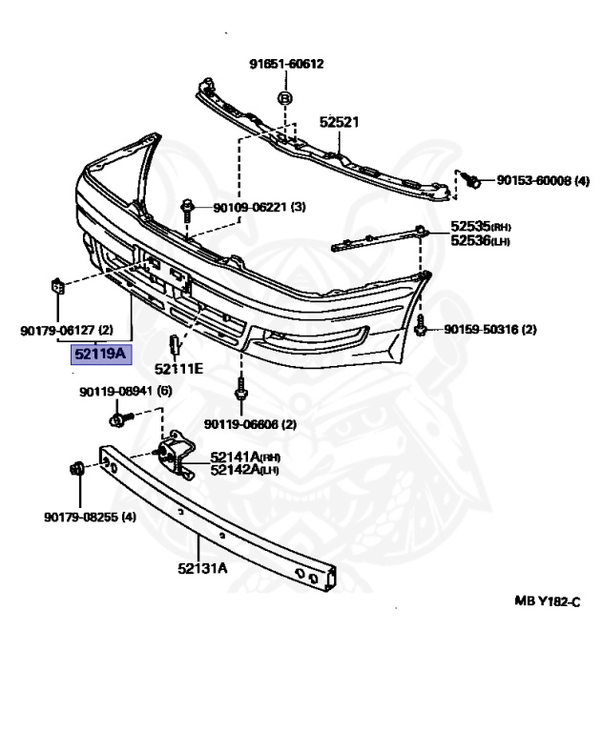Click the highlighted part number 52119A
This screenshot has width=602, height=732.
click(101, 355)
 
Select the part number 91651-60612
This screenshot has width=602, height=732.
click(287, 65)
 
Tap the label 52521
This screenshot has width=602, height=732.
click(339, 123)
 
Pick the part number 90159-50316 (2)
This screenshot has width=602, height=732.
click(489, 330)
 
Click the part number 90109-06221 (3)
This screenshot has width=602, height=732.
click(259, 207)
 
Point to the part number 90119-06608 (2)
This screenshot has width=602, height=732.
click(250, 424)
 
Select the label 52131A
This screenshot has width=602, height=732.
click(201, 569)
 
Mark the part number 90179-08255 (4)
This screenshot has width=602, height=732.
click(90, 518)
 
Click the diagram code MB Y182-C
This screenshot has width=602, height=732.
click(548, 602)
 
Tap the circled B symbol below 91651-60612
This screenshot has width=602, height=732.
click(283, 98)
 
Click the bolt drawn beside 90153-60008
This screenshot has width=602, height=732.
click(470, 179)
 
